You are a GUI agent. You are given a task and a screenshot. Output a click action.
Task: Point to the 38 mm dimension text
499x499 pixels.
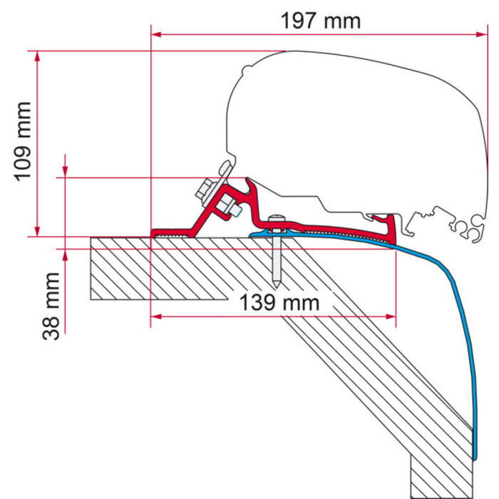51,306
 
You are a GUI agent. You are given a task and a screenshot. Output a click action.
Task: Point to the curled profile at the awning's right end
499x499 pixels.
471,229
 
